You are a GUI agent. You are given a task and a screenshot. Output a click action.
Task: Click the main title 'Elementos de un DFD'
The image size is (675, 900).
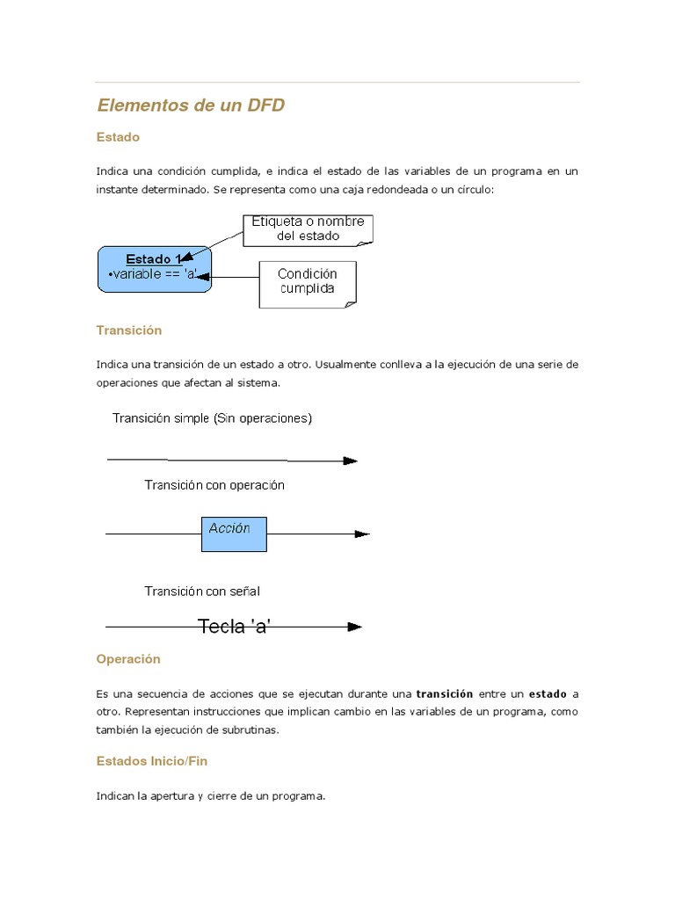pos(191,105)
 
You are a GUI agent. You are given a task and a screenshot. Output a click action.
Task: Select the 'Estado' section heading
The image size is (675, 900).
pos(118,137)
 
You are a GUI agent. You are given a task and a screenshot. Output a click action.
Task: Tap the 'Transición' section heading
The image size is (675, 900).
pos(129,330)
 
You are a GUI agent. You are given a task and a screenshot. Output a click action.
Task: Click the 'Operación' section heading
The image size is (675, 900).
pos(128,658)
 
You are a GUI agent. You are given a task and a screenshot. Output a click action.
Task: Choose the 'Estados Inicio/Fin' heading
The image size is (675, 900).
pos(151,761)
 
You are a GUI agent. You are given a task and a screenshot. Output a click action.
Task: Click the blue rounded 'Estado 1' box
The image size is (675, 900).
pos(154,269)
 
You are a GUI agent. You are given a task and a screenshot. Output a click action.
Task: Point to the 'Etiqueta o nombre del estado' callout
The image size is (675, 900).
pos(308,229)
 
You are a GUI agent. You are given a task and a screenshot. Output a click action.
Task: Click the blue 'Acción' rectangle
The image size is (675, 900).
pos(234,533)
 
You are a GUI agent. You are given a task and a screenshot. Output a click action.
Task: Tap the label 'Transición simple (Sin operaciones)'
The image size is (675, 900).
pos(212,418)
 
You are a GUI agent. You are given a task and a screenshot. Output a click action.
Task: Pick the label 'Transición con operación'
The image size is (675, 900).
pos(214,485)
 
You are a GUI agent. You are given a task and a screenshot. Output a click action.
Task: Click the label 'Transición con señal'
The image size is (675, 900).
pos(202,592)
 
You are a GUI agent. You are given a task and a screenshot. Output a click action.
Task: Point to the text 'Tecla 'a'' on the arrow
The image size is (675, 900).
pos(234,627)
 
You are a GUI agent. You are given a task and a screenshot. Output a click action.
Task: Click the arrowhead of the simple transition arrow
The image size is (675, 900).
pos(350,461)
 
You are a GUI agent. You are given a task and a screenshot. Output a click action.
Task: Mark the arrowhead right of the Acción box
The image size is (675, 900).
pos(361,533)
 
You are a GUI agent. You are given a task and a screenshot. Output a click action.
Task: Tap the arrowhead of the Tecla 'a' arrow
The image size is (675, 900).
pos(354,627)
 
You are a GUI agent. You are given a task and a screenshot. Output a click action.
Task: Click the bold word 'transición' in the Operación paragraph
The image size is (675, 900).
pos(444,693)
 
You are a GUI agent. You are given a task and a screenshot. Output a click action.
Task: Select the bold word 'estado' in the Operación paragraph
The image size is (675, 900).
pos(547,693)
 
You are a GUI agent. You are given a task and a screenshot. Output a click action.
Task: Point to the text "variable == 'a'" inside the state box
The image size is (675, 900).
pos(152,274)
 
